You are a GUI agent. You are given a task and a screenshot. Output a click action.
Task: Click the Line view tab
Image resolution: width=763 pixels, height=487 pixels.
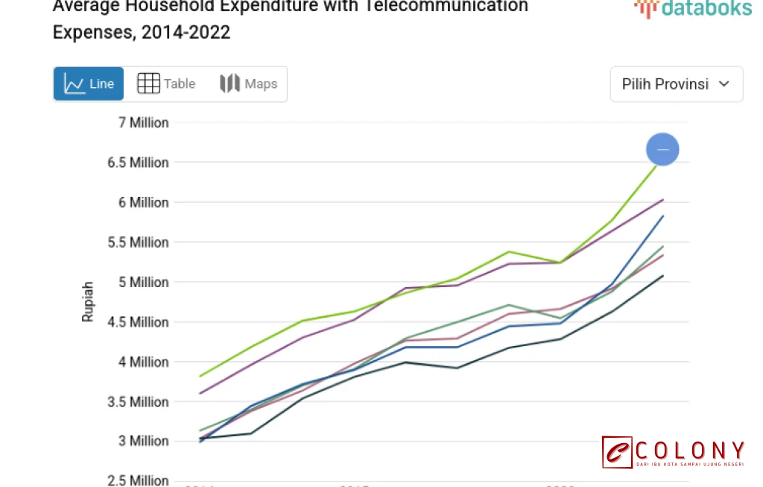[89, 84]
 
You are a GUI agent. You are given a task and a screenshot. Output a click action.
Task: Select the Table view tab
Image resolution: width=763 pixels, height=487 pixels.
[166, 84]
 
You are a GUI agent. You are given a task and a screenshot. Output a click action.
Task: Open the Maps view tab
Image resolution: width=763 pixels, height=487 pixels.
[249, 84]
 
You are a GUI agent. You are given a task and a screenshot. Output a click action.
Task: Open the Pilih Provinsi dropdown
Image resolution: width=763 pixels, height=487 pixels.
[676, 84]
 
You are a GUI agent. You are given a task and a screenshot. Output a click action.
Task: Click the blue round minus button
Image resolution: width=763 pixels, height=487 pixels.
[662, 149]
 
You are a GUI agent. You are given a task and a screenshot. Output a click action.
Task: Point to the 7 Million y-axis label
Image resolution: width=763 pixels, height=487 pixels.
[143, 122]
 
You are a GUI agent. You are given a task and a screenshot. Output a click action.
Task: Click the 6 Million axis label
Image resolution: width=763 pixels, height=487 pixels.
[143, 202]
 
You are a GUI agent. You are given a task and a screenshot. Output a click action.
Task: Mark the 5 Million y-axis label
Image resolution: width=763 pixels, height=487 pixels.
[143, 282]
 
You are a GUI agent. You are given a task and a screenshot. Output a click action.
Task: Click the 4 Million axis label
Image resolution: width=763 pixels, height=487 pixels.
[143, 362]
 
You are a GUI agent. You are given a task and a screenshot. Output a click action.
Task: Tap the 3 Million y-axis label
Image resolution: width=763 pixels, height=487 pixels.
[143, 442]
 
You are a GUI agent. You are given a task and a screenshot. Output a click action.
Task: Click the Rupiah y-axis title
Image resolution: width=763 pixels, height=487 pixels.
[88, 301]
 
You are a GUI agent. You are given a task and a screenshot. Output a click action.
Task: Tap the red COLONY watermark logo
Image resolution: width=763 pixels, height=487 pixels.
[673, 453]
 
